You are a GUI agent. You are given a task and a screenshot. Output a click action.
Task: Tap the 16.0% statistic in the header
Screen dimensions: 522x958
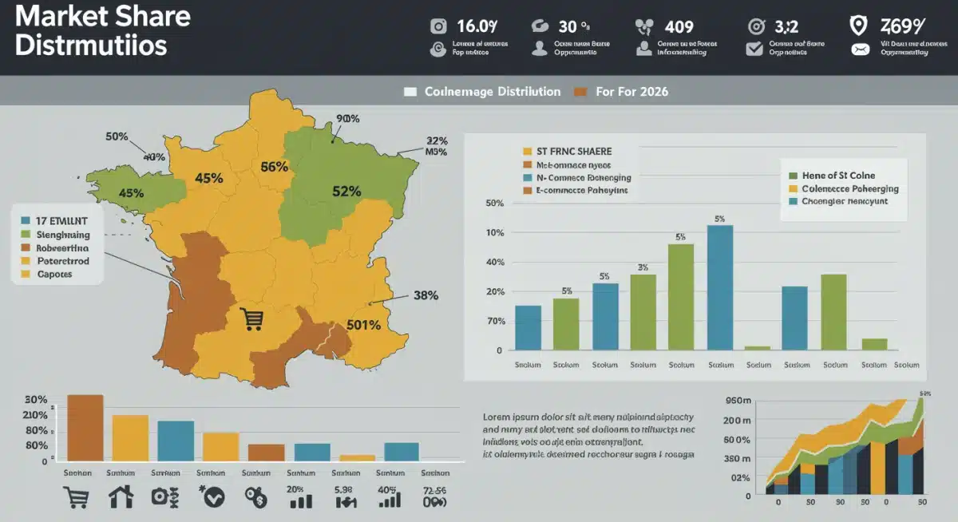click(476, 26)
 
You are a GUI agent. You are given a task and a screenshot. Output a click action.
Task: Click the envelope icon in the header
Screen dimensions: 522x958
click(860, 49)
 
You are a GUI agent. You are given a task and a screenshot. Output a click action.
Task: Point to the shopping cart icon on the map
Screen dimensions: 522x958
click(251, 319)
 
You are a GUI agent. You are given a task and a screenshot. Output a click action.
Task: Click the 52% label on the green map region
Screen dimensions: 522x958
click(346, 192)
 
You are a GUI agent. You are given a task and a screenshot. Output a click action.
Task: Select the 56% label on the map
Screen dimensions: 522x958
click(274, 167)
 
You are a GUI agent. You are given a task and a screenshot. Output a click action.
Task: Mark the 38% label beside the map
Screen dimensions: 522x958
click(426, 295)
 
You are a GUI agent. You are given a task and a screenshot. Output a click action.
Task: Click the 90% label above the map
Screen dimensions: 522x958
click(348, 119)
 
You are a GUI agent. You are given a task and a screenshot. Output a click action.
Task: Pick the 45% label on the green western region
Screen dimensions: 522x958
click(130, 192)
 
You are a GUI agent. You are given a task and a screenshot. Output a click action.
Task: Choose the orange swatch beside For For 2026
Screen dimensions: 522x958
click(580, 92)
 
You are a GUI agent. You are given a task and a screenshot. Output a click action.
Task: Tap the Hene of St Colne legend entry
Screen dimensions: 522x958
click(837, 175)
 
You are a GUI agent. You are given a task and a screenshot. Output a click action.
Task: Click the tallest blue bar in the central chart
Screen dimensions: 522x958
click(720, 287)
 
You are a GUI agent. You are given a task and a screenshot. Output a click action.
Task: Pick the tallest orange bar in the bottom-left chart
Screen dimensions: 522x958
click(85, 428)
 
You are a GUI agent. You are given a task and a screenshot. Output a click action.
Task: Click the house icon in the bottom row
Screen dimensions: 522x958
click(121, 498)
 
